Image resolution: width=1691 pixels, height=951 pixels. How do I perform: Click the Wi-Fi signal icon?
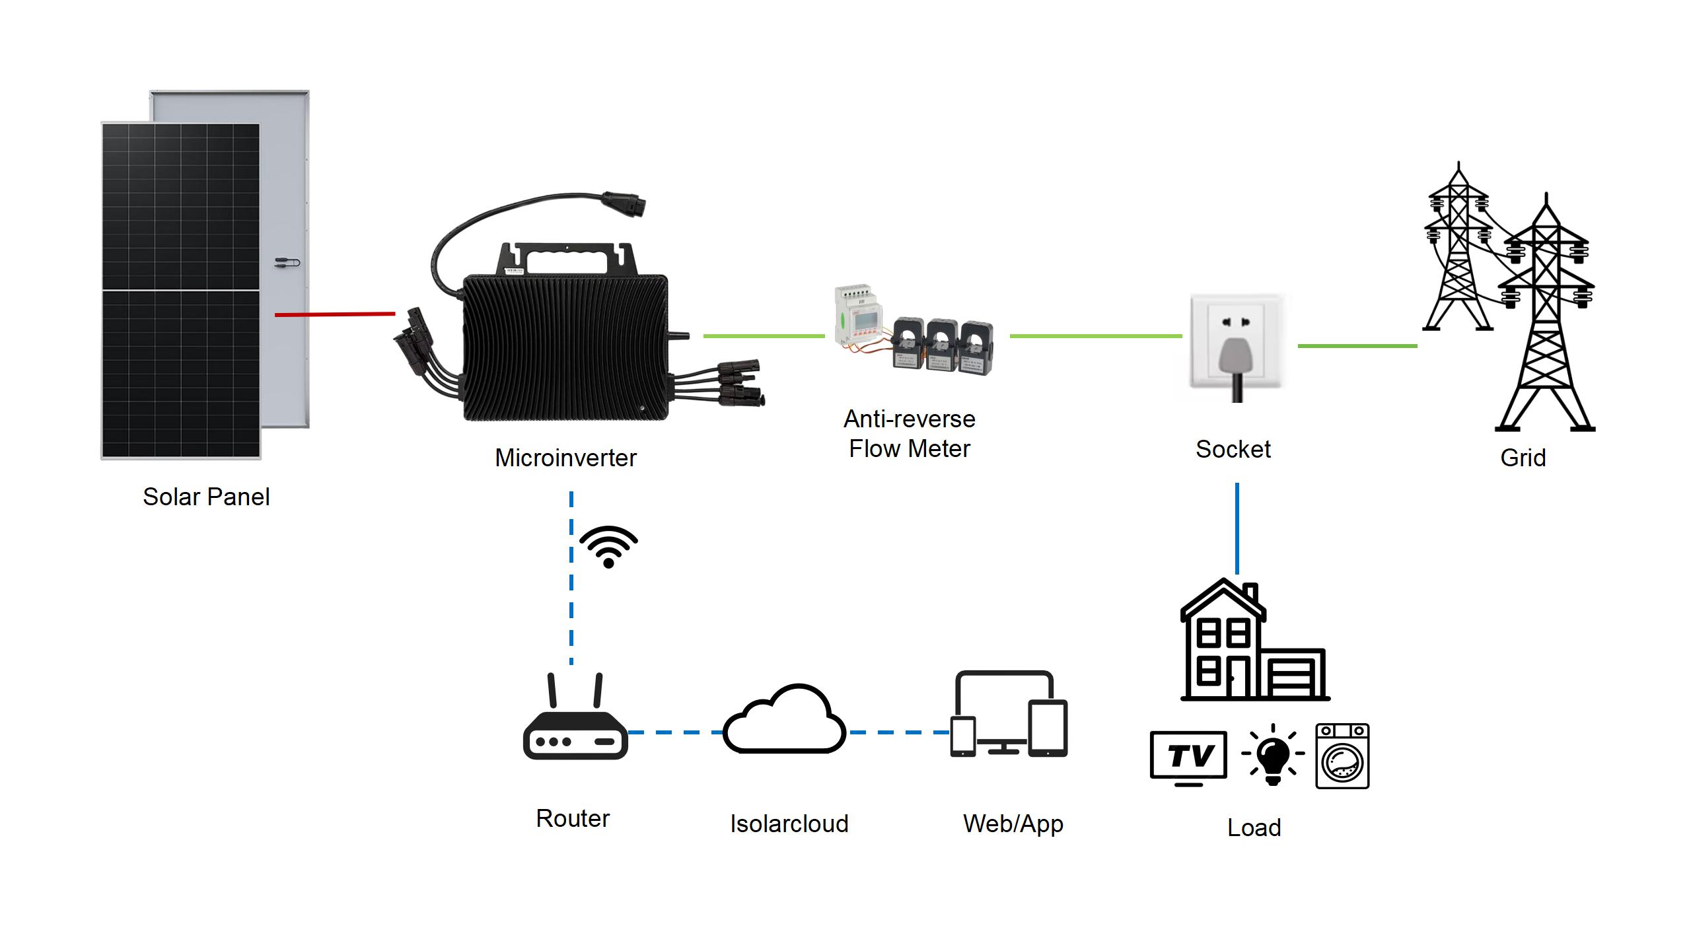608,547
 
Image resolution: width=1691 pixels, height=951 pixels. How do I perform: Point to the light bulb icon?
1273,755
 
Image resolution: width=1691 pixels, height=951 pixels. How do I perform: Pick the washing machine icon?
1342,756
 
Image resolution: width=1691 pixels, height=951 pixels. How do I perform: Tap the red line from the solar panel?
335,314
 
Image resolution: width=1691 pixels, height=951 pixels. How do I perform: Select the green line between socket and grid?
1357,345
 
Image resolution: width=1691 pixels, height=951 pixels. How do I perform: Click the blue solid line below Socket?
1237,528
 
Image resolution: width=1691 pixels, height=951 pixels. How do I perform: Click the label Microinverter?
565,458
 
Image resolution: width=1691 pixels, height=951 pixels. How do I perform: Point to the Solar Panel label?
206,497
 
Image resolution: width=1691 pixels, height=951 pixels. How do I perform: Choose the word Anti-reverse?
910,419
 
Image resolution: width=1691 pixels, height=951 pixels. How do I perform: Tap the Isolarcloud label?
789,824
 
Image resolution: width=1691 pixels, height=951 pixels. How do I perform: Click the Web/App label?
1013,824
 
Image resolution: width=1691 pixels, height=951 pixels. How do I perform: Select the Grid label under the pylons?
1523,458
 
